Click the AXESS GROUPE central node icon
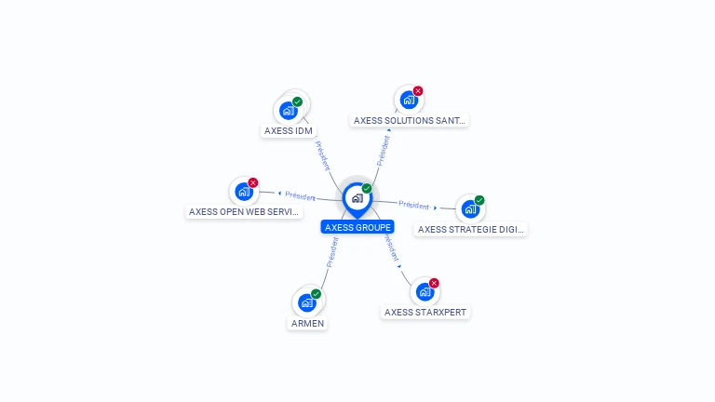[x=357, y=198]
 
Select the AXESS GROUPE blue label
[x=357, y=227]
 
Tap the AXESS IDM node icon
[x=289, y=111]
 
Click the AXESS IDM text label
[x=289, y=131]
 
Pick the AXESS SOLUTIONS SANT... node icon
[x=408, y=100]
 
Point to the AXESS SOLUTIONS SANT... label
[x=410, y=120]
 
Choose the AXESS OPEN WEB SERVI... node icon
[x=244, y=192]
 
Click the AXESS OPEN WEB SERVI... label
[x=245, y=212]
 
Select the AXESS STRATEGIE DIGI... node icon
[x=470, y=208]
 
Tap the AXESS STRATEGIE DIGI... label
[x=470, y=229]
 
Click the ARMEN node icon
[x=307, y=302]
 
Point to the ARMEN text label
[x=307, y=323]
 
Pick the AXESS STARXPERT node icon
[x=425, y=292]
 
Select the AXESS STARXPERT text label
[x=425, y=313]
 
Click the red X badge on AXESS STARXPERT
[x=434, y=283]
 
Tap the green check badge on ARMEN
[x=317, y=294]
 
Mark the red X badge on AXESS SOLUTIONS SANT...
[x=417, y=91]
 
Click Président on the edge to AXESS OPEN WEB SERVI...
[x=301, y=196]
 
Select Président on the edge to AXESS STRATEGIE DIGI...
[x=413, y=205]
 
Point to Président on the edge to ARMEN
[x=331, y=252]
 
